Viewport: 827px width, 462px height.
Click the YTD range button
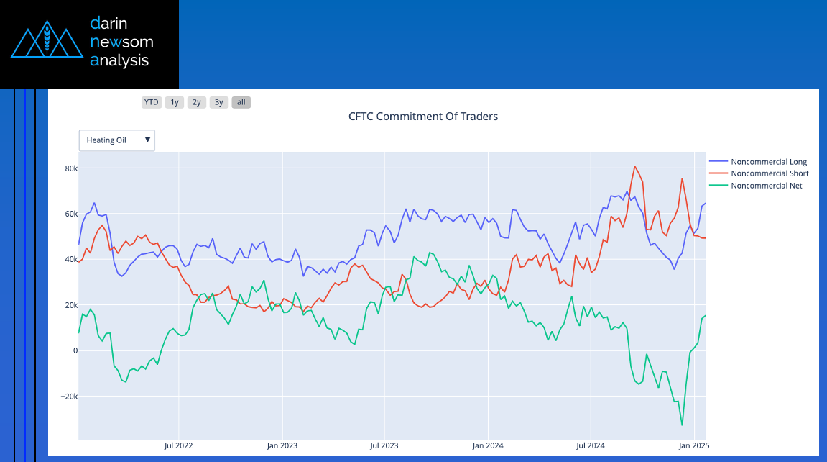(x=151, y=102)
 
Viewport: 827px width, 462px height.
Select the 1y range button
(x=175, y=102)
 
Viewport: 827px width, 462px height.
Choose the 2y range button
(x=197, y=102)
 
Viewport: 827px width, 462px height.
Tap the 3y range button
(x=219, y=102)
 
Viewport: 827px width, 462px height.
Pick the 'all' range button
(x=241, y=102)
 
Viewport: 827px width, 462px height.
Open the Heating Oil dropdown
(x=117, y=140)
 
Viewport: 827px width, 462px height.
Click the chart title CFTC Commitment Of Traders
(x=423, y=117)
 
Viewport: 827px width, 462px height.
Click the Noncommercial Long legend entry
(x=768, y=162)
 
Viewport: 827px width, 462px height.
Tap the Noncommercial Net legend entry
(x=766, y=186)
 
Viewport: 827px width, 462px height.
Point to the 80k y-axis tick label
(x=70, y=168)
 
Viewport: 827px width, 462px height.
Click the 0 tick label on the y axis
(x=74, y=350)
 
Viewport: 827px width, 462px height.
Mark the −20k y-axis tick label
(x=68, y=397)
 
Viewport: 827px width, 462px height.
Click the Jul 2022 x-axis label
(x=178, y=446)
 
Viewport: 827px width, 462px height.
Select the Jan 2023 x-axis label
(x=282, y=446)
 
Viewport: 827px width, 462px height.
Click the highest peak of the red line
(x=634, y=167)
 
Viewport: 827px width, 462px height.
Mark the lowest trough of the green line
(x=682, y=425)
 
